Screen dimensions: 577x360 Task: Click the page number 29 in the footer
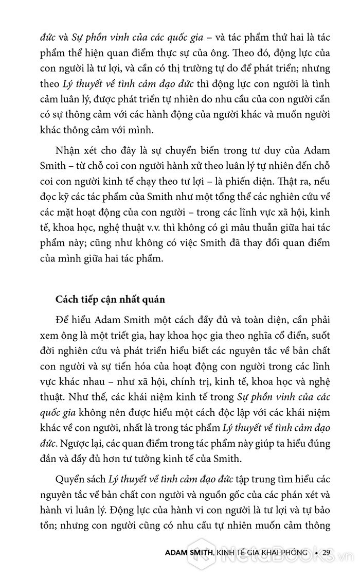point(327,552)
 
